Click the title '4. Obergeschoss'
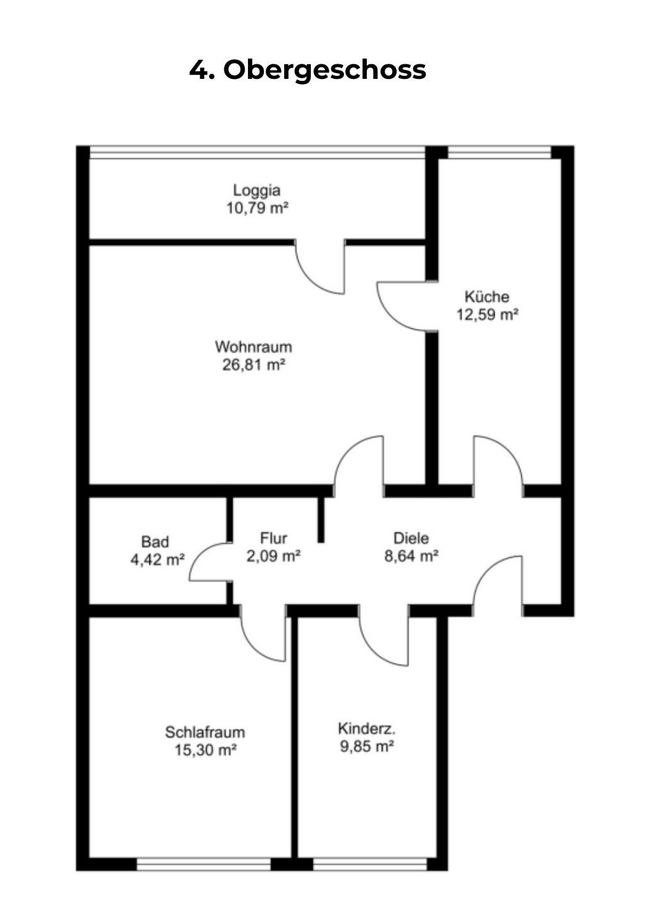pyautogui.click(x=308, y=70)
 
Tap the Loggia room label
pyautogui.click(x=257, y=190)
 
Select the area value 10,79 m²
pyautogui.click(x=257, y=208)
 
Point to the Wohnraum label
pyautogui.click(x=253, y=347)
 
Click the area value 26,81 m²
pyautogui.click(x=253, y=364)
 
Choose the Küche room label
pyautogui.click(x=486, y=296)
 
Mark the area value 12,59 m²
pyautogui.click(x=487, y=314)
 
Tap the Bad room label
pyautogui.click(x=155, y=542)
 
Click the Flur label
pyautogui.click(x=273, y=538)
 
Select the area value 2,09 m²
pyautogui.click(x=273, y=556)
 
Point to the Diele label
pyautogui.click(x=411, y=538)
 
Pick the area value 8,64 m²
pyautogui.click(x=411, y=556)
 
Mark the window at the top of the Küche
pyautogui.click(x=499, y=153)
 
